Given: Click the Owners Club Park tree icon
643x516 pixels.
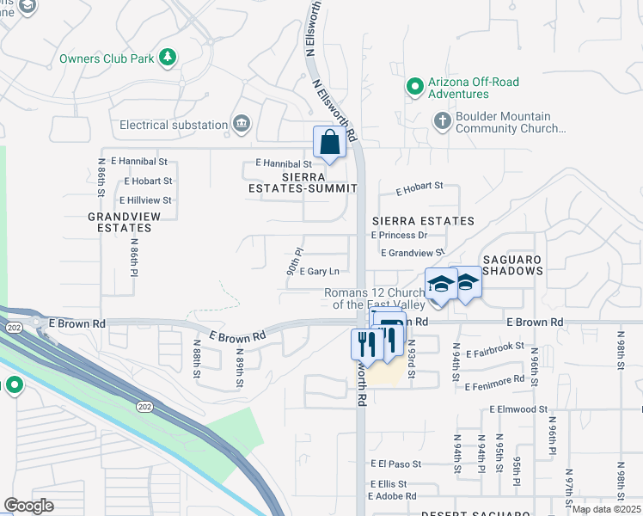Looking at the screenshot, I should tap(169, 58).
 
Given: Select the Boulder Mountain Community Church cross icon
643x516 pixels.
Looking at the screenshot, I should tap(442, 120).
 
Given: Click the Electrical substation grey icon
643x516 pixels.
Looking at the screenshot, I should tap(241, 125).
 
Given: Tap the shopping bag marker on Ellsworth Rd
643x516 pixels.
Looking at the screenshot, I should tap(329, 143).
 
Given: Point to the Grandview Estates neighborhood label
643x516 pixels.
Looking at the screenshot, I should tap(119, 223).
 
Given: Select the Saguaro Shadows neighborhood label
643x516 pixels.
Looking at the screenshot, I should tap(512, 264).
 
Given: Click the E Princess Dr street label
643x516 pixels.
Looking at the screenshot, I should tap(399, 235).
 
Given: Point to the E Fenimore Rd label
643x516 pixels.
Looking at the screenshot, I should tap(493, 379).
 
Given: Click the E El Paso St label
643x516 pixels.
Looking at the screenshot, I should tap(396, 463).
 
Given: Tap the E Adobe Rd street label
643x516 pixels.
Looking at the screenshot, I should tap(392, 496).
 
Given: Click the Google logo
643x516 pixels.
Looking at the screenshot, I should tap(28, 506).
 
